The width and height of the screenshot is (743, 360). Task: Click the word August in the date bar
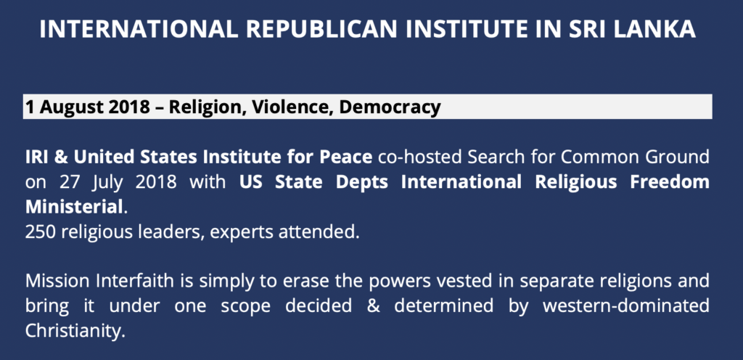71,107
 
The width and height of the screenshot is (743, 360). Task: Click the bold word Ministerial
74,208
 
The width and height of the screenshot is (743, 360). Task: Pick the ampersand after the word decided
372,306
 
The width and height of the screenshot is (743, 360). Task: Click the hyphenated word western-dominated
626,306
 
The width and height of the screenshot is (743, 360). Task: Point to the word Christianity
75,332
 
